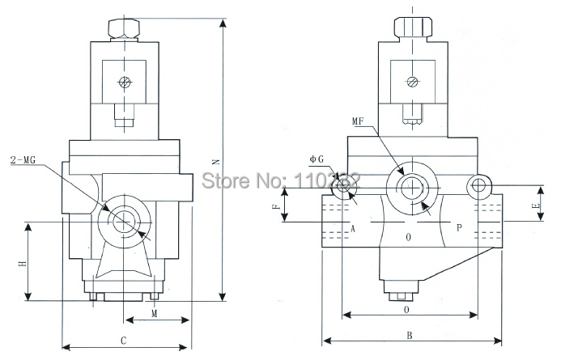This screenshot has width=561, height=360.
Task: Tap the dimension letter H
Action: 23,262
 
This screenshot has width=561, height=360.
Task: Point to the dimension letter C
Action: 123,341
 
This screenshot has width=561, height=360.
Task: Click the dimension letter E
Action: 535,205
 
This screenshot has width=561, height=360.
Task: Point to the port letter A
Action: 354,227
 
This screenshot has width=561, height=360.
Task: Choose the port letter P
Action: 459,227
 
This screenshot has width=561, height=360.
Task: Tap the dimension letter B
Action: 410,333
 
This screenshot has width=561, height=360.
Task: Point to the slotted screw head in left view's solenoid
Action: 124,81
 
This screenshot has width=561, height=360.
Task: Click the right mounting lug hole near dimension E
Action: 479,187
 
